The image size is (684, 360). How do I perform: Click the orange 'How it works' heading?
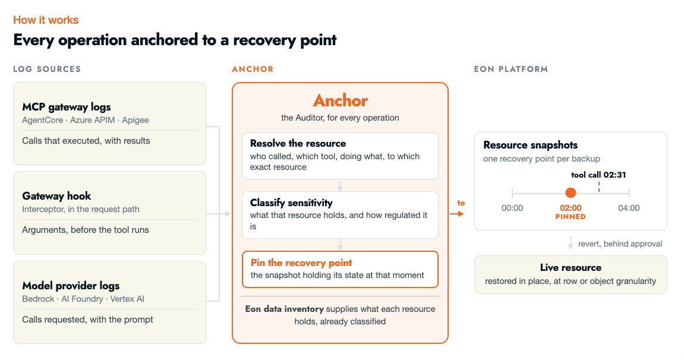[46, 20]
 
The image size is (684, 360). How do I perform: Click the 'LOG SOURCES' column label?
[47, 69]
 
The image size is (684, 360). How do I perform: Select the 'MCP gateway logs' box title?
[67, 107]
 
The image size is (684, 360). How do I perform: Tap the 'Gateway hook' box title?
[56, 195]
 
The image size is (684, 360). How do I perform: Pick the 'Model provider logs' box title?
[71, 286]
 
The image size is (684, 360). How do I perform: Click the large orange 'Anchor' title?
[341, 100]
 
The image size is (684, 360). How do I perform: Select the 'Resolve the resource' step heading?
[298, 143]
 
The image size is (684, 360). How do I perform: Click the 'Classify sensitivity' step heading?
[291, 203]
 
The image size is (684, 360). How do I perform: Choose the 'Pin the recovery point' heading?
[301, 263]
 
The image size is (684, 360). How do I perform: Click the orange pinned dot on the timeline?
[570, 192]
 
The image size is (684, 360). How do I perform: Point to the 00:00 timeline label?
[512, 208]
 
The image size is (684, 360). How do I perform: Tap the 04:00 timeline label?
[629, 208]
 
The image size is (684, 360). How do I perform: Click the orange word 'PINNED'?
[570, 217]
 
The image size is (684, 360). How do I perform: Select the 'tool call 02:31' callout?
[598, 175]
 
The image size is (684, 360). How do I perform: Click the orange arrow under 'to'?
[457, 213]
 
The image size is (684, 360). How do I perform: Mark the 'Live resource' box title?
[570, 267]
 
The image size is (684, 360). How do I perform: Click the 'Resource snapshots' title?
[531, 145]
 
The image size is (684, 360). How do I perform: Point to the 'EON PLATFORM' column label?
[511, 69]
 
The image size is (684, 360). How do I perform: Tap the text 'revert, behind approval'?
[620, 244]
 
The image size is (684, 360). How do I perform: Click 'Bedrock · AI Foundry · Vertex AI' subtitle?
[83, 299]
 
